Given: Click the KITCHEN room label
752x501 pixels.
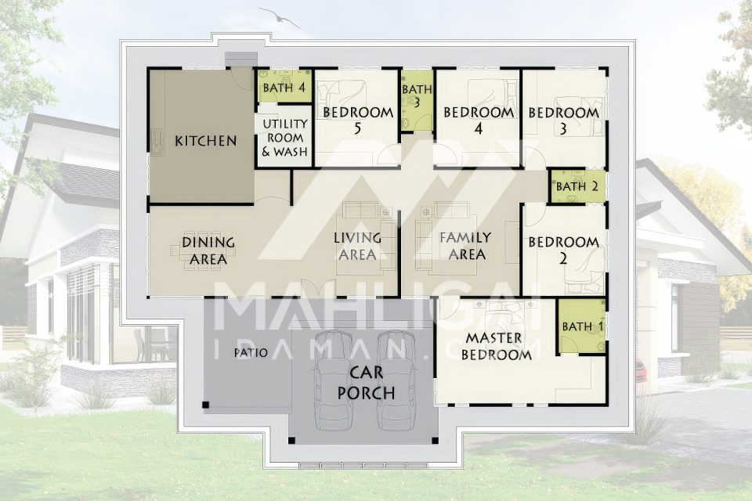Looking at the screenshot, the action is click(x=206, y=141).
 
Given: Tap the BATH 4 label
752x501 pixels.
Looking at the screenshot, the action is click(x=284, y=88).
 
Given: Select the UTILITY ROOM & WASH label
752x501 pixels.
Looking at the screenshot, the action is click(x=284, y=138).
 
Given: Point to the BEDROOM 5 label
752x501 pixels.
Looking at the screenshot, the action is click(x=358, y=120).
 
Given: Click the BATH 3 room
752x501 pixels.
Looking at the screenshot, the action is click(x=417, y=101).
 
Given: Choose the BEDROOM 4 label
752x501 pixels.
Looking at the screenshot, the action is click(x=478, y=120).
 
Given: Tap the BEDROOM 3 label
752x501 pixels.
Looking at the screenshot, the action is click(x=563, y=121).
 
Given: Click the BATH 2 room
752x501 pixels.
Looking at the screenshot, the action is click(x=577, y=186).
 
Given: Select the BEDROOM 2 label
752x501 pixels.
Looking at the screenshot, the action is click(x=563, y=250).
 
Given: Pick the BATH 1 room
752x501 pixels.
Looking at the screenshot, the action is click(x=581, y=326).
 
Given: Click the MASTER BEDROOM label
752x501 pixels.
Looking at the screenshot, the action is click(x=496, y=346).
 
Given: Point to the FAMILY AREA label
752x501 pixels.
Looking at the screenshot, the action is click(x=466, y=246).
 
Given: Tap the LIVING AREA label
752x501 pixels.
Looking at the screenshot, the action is click(x=358, y=246).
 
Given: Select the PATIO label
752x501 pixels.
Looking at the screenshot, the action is click(x=251, y=353).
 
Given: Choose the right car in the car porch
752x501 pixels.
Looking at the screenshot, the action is click(x=396, y=379).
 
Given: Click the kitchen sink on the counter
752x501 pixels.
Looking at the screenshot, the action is click(x=157, y=142).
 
